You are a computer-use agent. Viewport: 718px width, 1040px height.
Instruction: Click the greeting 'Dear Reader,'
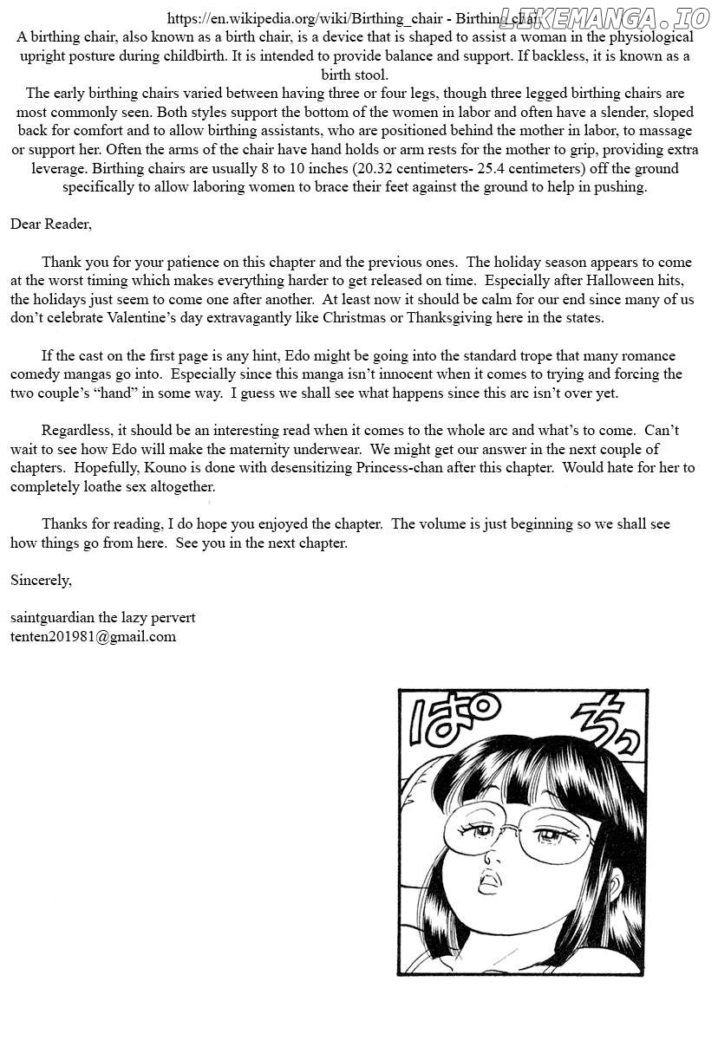coord(50,224)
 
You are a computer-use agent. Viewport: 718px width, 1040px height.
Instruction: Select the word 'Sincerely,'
coord(41,580)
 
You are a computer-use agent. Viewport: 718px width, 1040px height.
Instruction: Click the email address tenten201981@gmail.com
coord(93,636)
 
